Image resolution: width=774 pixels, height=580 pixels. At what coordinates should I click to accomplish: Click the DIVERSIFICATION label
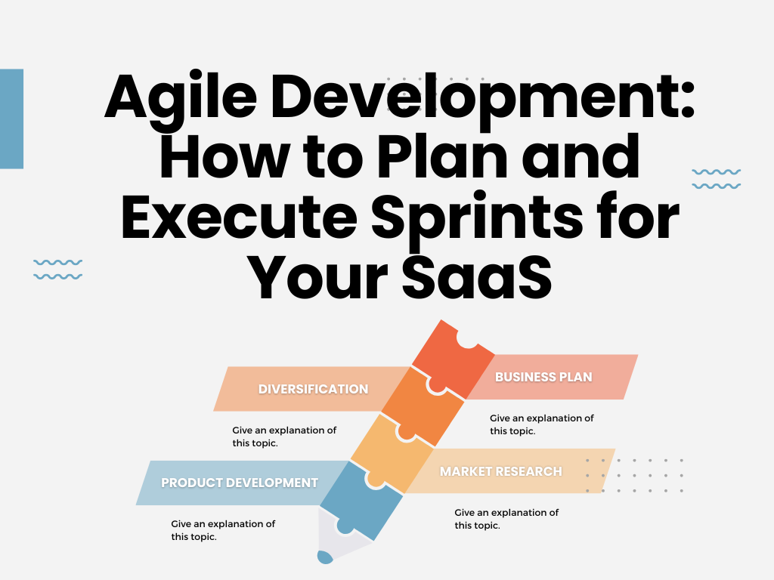[x=313, y=389]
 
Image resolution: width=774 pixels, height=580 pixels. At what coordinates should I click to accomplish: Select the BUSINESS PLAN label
[x=543, y=376]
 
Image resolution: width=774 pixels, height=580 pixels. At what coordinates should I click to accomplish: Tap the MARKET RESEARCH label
[x=501, y=471]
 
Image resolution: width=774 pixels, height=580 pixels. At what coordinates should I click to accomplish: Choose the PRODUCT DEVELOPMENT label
[x=240, y=483]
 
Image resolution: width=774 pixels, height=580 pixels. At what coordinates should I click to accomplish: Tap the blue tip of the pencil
[x=325, y=557]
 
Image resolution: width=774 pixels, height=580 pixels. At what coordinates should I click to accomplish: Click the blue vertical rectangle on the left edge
[x=11, y=119]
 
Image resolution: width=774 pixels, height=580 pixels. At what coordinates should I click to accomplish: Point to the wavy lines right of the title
[x=716, y=179]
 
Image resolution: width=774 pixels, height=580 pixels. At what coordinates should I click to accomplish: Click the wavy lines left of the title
[x=57, y=269]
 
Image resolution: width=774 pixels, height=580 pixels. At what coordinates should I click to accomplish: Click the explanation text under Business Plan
[x=541, y=424]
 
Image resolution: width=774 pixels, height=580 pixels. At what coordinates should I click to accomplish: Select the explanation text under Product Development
[x=223, y=530]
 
